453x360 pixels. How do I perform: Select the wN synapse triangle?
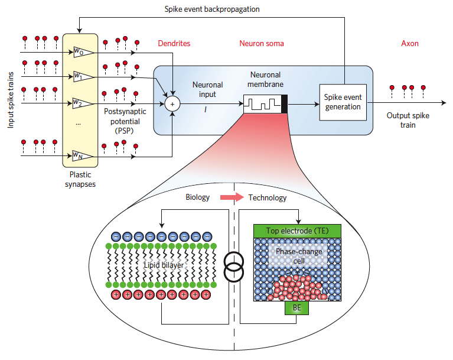pyautogui.click(x=83, y=156)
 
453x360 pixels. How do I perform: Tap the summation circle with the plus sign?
pyautogui.click(x=172, y=104)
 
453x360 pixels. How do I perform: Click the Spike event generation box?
pyautogui.click(x=343, y=102)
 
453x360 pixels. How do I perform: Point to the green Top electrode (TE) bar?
pyautogui.click(x=297, y=231)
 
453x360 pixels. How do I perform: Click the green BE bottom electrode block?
pyautogui.click(x=296, y=307)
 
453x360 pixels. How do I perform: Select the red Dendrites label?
pyautogui.click(x=174, y=43)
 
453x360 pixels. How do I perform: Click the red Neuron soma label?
pyautogui.click(x=262, y=43)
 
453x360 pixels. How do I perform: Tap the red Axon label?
pyautogui.click(x=410, y=43)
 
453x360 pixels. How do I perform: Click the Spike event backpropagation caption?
pyautogui.click(x=212, y=9)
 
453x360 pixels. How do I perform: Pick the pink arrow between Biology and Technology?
pyautogui.click(x=232, y=197)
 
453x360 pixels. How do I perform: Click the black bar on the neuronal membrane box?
pyautogui.click(x=284, y=104)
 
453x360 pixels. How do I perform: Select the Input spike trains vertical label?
pyautogui.click(x=11, y=100)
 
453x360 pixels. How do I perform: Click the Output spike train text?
pyautogui.click(x=408, y=120)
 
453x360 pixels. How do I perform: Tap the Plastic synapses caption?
pyautogui.click(x=80, y=179)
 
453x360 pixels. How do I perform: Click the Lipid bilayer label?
pyautogui.click(x=164, y=265)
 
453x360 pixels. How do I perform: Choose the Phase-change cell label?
pyautogui.click(x=299, y=256)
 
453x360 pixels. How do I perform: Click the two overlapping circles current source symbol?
pyautogui.click(x=234, y=267)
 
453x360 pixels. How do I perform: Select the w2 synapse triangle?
pyautogui.click(x=83, y=103)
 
